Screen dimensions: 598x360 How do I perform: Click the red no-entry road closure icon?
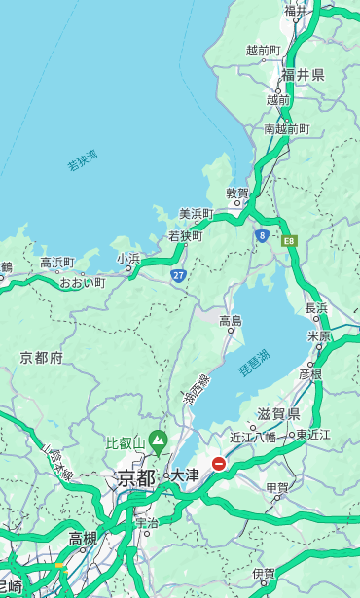pyautogui.click(x=219, y=465)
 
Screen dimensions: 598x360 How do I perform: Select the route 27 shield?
pyautogui.click(x=179, y=276)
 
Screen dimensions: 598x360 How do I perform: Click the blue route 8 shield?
pyautogui.click(x=262, y=235)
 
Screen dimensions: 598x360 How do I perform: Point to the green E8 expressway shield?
pyautogui.click(x=289, y=240)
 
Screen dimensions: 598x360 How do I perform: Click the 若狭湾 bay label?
pyautogui.click(x=83, y=160)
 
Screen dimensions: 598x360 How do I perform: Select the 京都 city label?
pyautogui.click(x=136, y=477)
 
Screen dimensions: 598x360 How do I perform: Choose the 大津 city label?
pyautogui.click(x=185, y=475)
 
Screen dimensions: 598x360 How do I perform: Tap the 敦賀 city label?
pyautogui.click(x=237, y=193)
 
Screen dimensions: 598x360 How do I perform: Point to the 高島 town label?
pyautogui.click(x=231, y=320)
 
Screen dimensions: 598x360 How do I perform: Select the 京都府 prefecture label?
pyautogui.click(x=41, y=358)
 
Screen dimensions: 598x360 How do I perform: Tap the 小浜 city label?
pyautogui.click(x=128, y=258)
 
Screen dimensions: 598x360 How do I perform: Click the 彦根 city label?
pyautogui.click(x=310, y=373)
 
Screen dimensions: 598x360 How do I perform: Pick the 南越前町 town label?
pyautogui.click(x=286, y=128)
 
